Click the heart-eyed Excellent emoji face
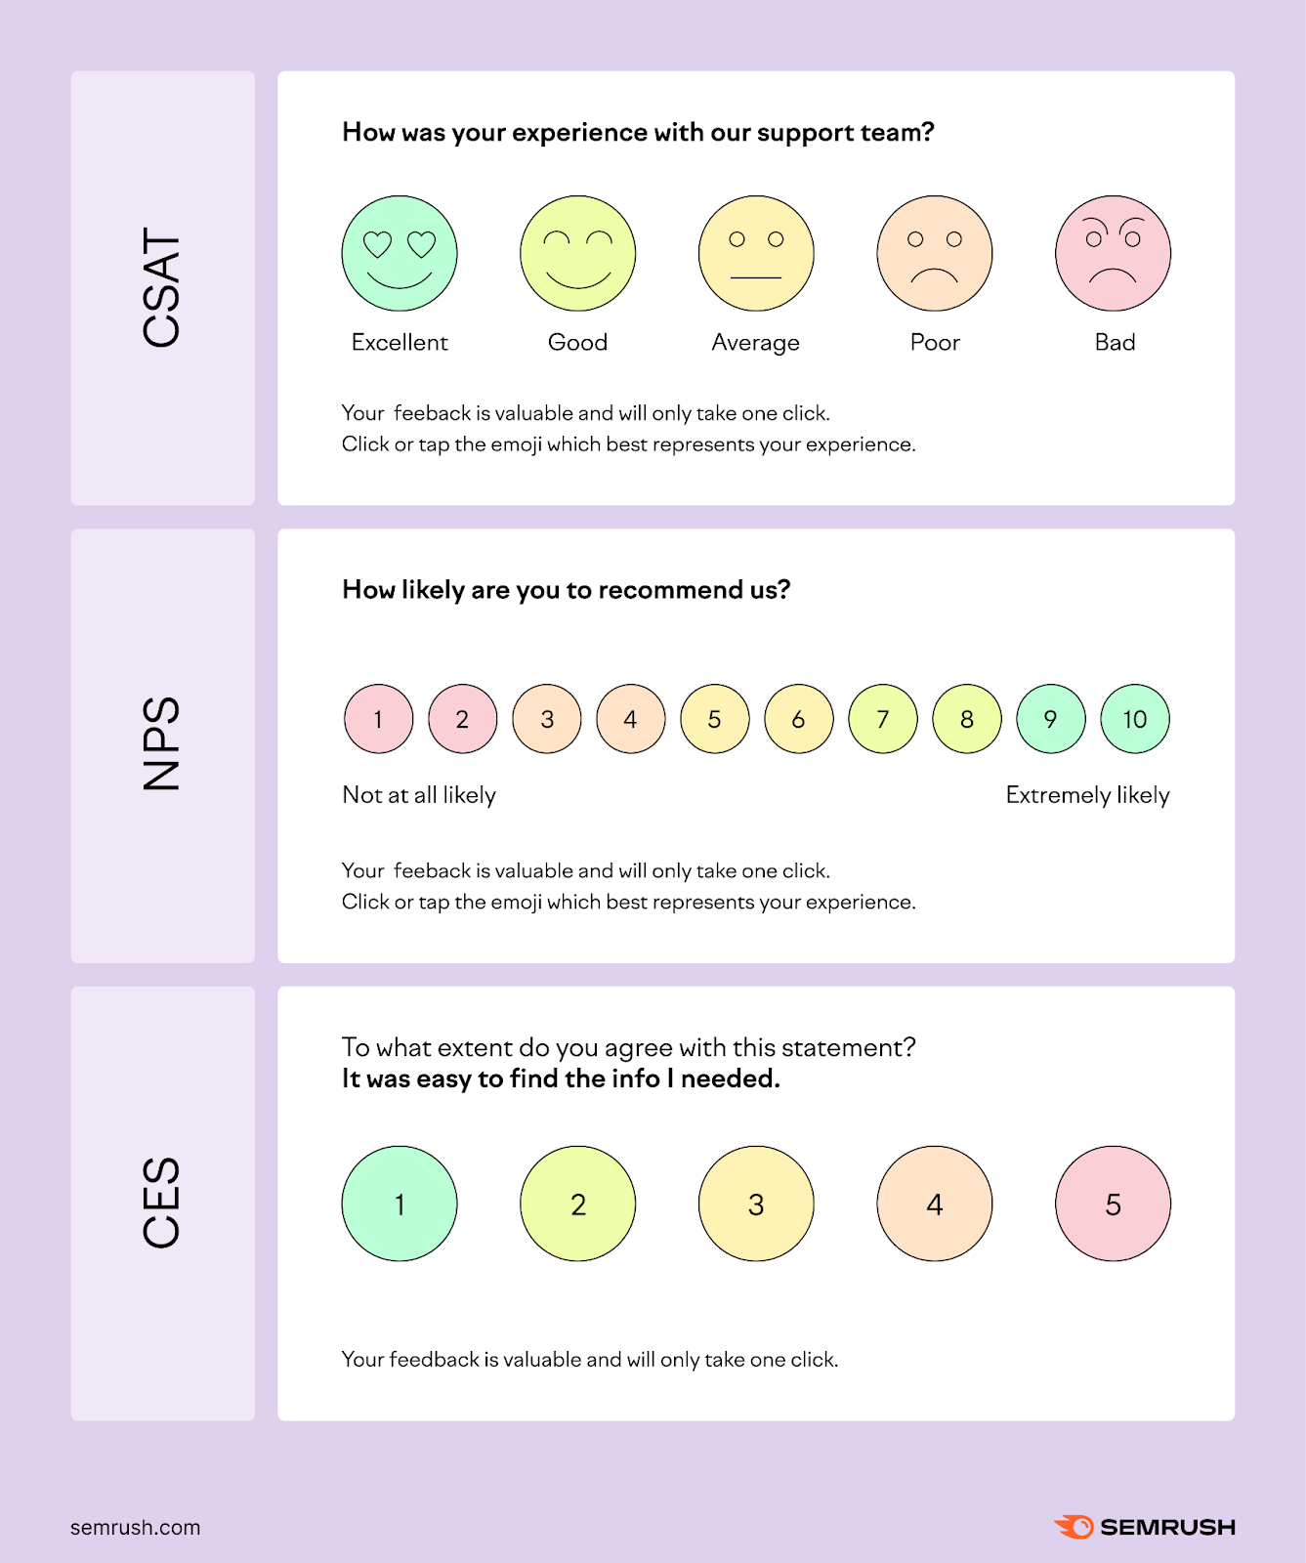pyautogui.click(x=400, y=254)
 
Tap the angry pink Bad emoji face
pyautogui.click(x=1113, y=254)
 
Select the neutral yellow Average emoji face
pyautogui.click(x=756, y=254)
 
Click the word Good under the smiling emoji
pyautogui.click(x=577, y=343)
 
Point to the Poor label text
pyautogui.click(x=935, y=343)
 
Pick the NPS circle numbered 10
pyautogui.click(x=1134, y=720)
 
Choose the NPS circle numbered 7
pyautogui.click(x=883, y=720)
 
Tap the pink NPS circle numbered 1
pyautogui.click(x=379, y=720)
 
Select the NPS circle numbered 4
pyautogui.click(x=631, y=720)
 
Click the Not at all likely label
pyautogui.click(x=419, y=795)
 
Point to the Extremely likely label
pyautogui.click(x=1087, y=795)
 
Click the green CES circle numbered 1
pyautogui.click(x=400, y=1204)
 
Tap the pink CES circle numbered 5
pyautogui.click(x=1113, y=1204)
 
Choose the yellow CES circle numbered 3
pyautogui.click(x=756, y=1204)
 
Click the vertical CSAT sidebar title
pyautogui.click(x=162, y=287)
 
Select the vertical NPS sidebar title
pyautogui.click(x=162, y=743)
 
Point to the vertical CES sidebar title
pyautogui.click(x=162, y=1203)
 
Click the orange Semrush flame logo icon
pyautogui.click(x=1074, y=1527)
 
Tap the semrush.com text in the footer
pyautogui.click(x=135, y=1528)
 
